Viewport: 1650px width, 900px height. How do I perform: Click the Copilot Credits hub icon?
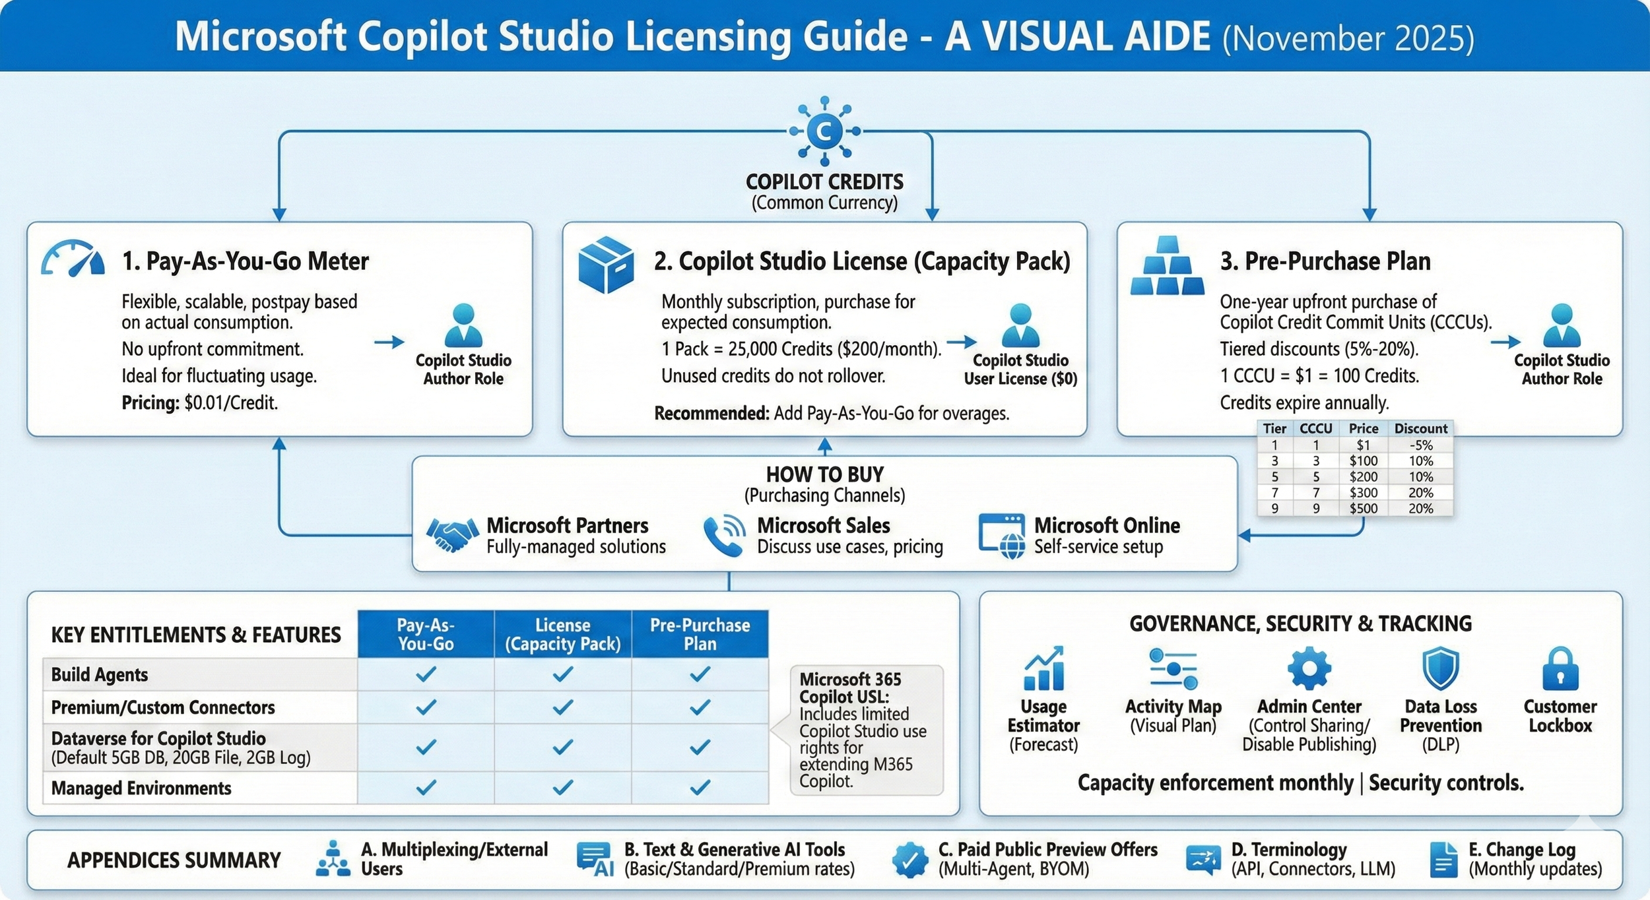click(824, 131)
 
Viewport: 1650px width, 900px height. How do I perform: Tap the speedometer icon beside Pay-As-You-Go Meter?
click(73, 259)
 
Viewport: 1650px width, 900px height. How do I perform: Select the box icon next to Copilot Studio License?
click(605, 265)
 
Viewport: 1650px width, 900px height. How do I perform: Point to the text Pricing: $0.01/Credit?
click(199, 402)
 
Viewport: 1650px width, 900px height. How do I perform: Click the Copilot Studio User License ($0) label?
click(1020, 370)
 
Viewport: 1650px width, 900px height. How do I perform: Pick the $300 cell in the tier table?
click(1363, 492)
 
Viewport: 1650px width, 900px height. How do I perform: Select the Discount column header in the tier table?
click(1420, 428)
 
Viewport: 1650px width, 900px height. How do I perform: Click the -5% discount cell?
click(1420, 445)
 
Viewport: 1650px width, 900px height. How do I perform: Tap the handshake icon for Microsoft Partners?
click(452, 534)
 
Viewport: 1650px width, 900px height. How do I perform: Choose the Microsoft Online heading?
click(1107, 525)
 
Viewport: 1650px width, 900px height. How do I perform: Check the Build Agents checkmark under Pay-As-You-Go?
click(426, 674)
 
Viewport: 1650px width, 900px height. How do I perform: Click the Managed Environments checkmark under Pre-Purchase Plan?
click(700, 787)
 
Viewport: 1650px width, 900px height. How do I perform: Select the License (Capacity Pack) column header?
click(562, 634)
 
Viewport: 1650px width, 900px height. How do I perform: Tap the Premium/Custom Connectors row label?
click(163, 707)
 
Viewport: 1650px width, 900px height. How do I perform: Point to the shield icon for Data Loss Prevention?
click(1440, 668)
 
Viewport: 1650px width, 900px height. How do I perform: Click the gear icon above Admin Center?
click(1309, 668)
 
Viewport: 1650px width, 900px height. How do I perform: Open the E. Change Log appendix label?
click(1522, 849)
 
